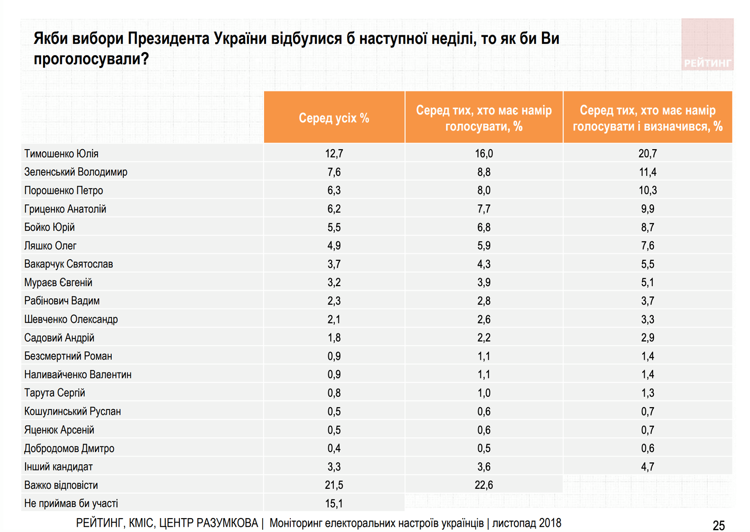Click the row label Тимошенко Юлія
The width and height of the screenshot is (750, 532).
point(61,154)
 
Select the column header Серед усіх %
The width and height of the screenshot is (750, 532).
point(334,118)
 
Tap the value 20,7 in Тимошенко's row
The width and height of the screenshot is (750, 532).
point(647,154)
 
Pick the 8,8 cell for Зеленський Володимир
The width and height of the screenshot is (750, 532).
point(483,172)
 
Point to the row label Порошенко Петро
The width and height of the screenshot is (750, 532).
point(63,191)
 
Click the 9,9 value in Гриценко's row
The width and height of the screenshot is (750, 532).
point(647,209)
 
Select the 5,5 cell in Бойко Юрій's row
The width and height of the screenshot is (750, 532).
point(334,227)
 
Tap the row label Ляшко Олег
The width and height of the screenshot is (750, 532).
point(50,245)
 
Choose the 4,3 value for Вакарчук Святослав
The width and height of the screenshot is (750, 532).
point(483,264)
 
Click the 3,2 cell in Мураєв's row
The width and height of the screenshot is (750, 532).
point(334,282)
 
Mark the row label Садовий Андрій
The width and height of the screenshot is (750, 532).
point(59,337)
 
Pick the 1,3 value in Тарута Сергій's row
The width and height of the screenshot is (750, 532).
point(647,393)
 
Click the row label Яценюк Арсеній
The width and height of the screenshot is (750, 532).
point(59,430)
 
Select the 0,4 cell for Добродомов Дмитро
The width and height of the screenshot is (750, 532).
point(334,448)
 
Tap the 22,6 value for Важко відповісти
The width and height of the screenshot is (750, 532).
point(483,485)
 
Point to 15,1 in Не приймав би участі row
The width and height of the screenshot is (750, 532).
point(334,503)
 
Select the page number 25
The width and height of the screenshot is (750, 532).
point(719,525)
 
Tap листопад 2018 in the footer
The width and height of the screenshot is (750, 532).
point(526,523)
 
